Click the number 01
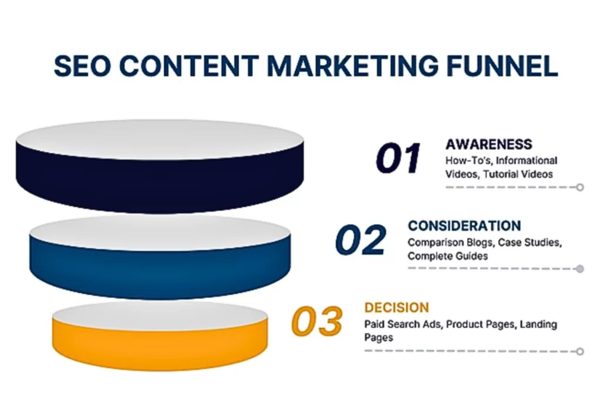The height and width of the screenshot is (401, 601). [x=399, y=159]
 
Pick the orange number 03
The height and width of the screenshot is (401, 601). [x=317, y=322]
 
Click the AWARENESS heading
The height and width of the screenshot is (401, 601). [x=488, y=144]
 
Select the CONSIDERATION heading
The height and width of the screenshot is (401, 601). [x=464, y=226]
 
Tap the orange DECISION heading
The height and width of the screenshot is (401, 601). [x=396, y=308]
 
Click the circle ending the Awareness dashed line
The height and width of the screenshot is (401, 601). [x=580, y=187]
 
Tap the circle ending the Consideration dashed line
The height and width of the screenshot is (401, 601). [x=580, y=269]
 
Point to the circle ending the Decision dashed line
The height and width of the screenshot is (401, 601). [x=580, y=351]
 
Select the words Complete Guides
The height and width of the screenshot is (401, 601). [x=448, y=256]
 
